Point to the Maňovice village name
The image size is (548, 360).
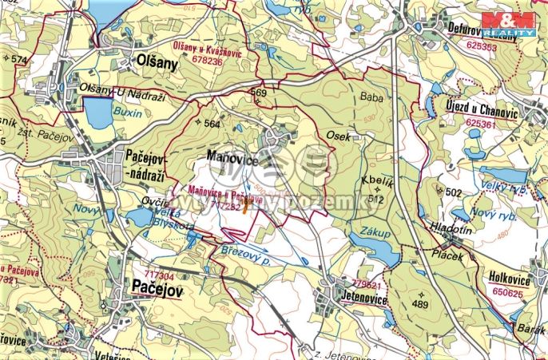click(x=232, y=160)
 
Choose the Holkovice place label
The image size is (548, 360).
click(x=509, y=278)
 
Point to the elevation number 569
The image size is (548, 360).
click(x=257, y=93)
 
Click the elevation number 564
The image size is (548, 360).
click(x=211, y=124)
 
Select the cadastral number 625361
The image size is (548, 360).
click(x=481, y=125)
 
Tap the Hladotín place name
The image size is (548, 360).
click(x=452, y=227)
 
